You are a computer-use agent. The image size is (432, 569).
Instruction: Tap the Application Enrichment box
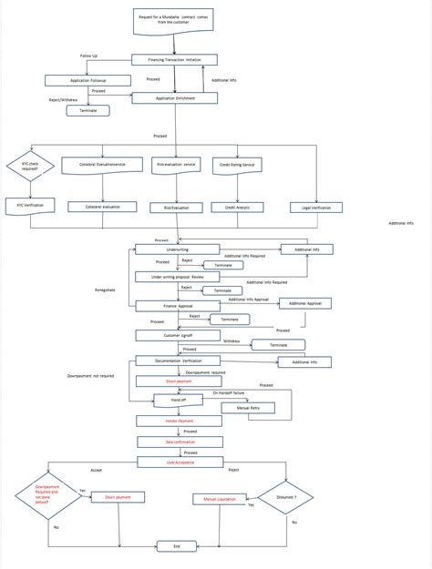point(176,97)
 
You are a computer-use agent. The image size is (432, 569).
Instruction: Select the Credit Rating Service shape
point(237,167)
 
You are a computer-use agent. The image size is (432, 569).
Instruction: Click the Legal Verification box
point(316,208)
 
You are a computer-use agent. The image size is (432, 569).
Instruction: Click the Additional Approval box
point(305,303)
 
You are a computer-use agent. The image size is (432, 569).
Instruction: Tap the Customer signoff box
point(179,335)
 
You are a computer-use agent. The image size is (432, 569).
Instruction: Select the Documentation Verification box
point(178,361)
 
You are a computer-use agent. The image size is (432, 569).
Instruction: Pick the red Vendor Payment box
point(179,422)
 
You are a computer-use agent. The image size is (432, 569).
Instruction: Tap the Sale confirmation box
point(179,442)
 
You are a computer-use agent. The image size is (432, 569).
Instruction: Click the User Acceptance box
point(179,462)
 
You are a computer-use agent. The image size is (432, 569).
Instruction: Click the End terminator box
point(177,545)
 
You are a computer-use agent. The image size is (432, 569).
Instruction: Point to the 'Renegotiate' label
point(106,290)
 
